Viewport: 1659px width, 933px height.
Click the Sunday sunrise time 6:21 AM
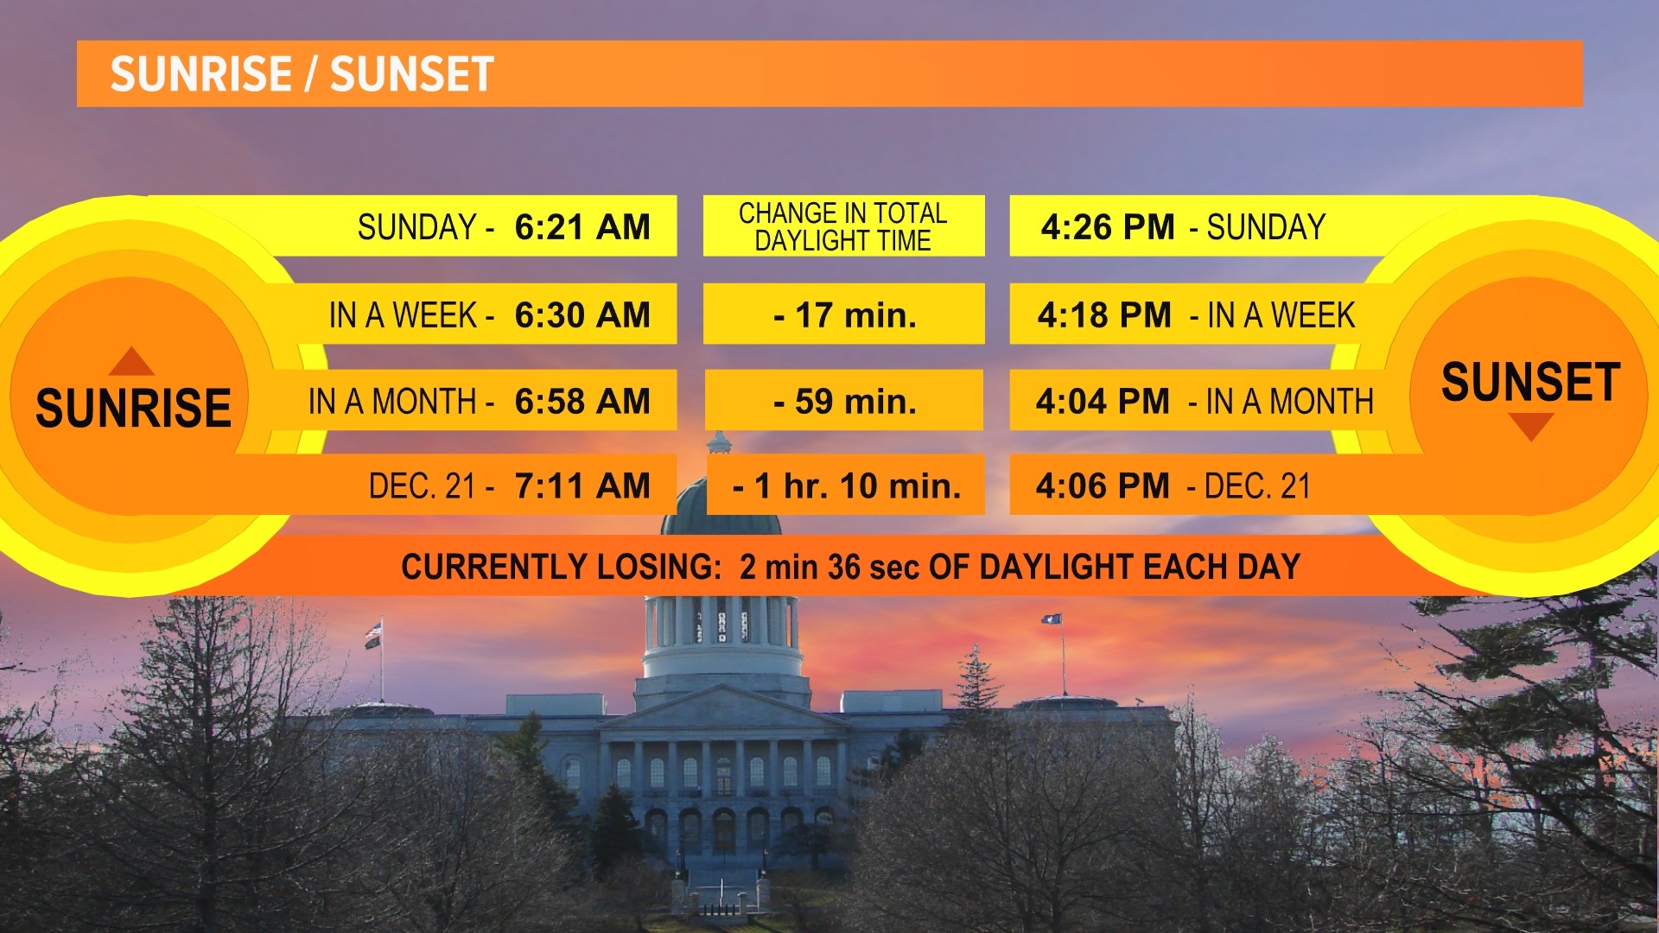click(x=582, y=227)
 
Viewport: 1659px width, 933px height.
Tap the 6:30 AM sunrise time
click(x=582, y=315)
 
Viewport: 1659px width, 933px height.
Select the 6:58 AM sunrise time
click(x=582, y=402)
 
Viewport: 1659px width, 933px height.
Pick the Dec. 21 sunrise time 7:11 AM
click(x=582, y=486)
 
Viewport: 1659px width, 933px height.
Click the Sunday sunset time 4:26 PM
click(x=1108, y=227)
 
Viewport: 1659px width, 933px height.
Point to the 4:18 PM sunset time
click(x=1104, y=315)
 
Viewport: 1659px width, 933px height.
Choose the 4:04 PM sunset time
click(x=1103, y=402)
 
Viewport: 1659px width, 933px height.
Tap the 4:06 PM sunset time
click(x=1103, y=486)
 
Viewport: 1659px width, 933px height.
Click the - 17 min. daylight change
click(x=844, y=315)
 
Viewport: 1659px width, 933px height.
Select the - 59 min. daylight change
click(x=844, y=402)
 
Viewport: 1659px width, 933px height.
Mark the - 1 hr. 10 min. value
click(x=846, y=486)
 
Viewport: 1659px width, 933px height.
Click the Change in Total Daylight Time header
click(x=843, y=226)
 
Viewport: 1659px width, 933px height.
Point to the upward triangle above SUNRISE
click(x=131, y=362)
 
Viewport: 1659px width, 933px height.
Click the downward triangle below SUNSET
click(x=1530, y=426)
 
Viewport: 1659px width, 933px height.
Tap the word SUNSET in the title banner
click(x=411, y=74)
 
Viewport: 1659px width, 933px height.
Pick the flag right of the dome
click(x=1052, y=620)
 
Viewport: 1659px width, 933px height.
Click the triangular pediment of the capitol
click(x=721, y=708)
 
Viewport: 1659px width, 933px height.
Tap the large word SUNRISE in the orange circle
click(x=133, y=408)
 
